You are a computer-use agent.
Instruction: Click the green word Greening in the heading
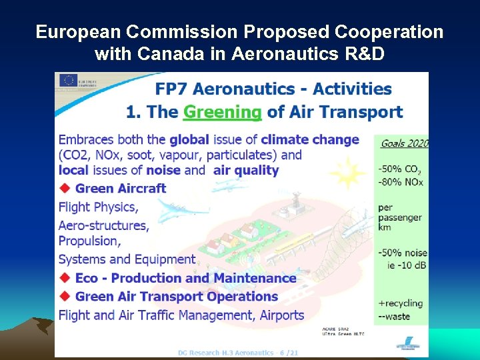[x=222, y=112]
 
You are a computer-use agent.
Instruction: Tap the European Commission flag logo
[x=68, y=79]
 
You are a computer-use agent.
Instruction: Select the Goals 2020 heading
[x=404, y=143]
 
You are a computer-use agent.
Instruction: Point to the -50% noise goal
[x=402, y=253]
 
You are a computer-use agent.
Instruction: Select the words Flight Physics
[x=98, y=207]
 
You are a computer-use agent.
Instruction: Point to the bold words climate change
[x=310, y=140]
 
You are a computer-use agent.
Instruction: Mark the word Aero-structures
[x=103, y=225]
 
